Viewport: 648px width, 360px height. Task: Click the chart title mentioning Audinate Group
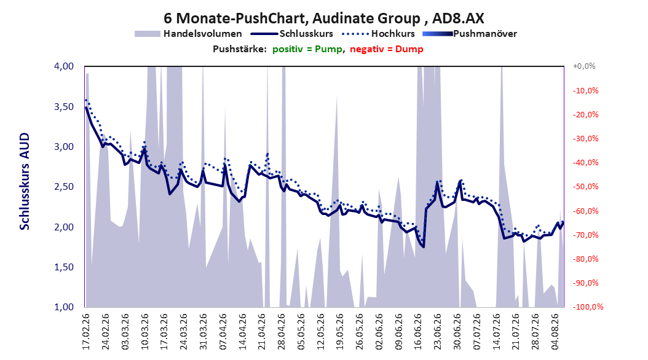[323, 18]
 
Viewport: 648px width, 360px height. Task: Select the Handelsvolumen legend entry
[189, 34]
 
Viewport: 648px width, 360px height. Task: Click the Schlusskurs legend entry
[292, 34]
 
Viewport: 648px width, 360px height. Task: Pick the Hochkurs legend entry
[379, 34]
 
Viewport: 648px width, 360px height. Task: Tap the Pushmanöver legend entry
[470, 34]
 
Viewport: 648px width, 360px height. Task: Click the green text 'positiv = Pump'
[307, 49]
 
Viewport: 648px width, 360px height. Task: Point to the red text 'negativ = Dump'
[387, 49]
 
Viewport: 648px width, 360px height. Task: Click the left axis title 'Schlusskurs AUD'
[25, 181]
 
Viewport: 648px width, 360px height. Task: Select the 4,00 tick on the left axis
[64, 66]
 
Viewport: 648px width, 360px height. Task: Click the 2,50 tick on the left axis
[64, 187]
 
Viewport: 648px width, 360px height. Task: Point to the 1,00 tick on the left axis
[64, 307]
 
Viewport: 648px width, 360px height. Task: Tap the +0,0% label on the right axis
[584, 66]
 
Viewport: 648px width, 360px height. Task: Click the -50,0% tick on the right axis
[585, 187]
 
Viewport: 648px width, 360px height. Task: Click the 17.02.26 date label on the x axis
[86, 332]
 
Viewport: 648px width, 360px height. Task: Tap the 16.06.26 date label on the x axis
[418, 332]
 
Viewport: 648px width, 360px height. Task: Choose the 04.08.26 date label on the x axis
[555, 332]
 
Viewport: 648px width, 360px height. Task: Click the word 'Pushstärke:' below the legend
[240, 49]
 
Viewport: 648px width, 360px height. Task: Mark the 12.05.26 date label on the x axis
[321, 332]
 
